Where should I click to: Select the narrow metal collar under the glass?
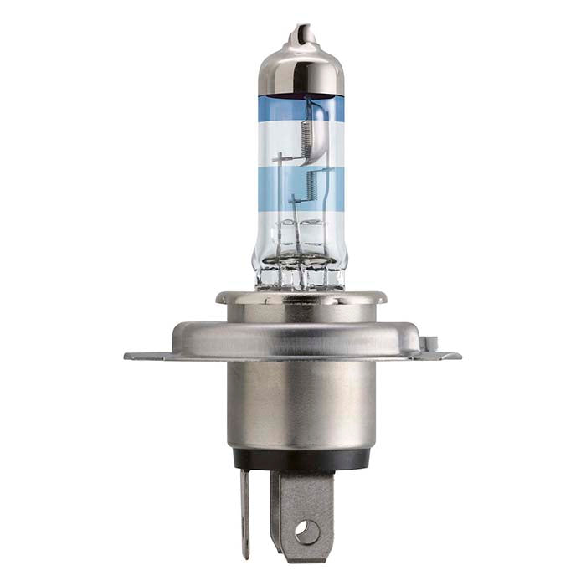point(301,297)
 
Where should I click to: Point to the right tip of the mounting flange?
point(455,356)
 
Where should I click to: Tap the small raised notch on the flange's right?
point(429,342)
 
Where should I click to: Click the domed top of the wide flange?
point(301,331)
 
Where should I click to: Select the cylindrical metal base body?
point(301,402)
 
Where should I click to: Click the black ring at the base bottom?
point(301,458)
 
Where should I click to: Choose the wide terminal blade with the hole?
point(301,511)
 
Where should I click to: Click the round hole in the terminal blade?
point(307,530)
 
